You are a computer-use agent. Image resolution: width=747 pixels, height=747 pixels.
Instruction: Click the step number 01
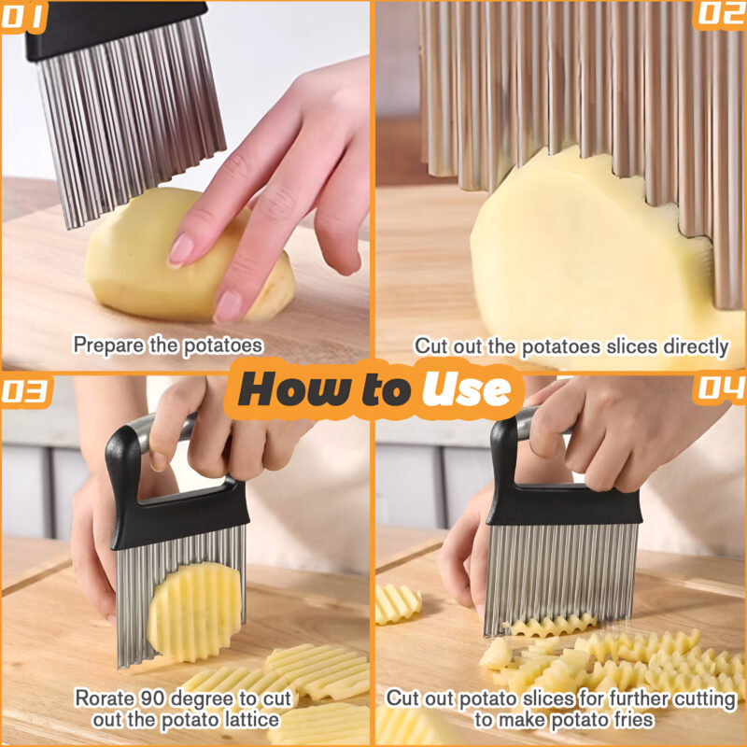pyautogui.click(x=23, y=16)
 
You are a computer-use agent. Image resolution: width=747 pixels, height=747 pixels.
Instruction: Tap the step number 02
pyautogui.click(x=721, y=15)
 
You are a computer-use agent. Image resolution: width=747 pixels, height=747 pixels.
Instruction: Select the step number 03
pyautogui.click(x=25, y=392)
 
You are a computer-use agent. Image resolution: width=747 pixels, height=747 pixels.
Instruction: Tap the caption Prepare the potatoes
pyautogui.click(x=168, y=345)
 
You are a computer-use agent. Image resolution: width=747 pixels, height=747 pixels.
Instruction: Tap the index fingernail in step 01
pyautogui.click(x=180, y=249)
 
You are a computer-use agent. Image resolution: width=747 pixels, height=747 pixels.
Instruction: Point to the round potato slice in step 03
pyautogui.click(x=193, y=612)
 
